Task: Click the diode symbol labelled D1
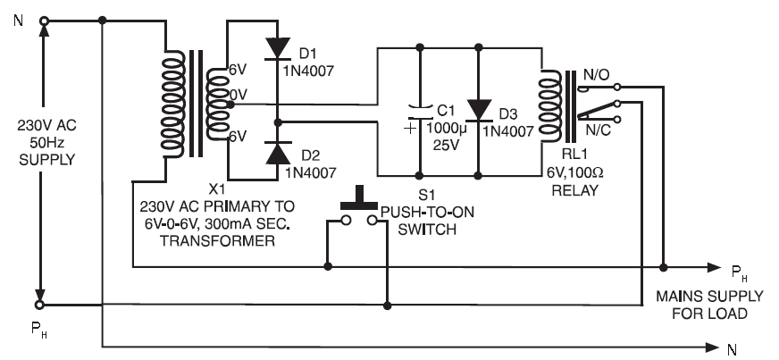point(277,48)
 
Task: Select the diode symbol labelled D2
point(278,153)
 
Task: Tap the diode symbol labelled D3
point(479,110)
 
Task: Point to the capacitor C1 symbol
point(420,113)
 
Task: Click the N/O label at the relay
point(596,75)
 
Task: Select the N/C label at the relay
point(598,130)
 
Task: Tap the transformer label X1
point(216,189)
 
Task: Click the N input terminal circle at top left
point(44,21)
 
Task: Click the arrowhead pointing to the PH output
point(714,268)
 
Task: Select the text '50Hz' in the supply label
point(47,143)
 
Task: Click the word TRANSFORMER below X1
point(217,241)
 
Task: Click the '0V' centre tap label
point(238,94)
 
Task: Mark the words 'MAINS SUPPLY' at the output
point(709,297)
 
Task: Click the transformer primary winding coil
point(172,104)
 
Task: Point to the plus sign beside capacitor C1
point(410,130)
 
